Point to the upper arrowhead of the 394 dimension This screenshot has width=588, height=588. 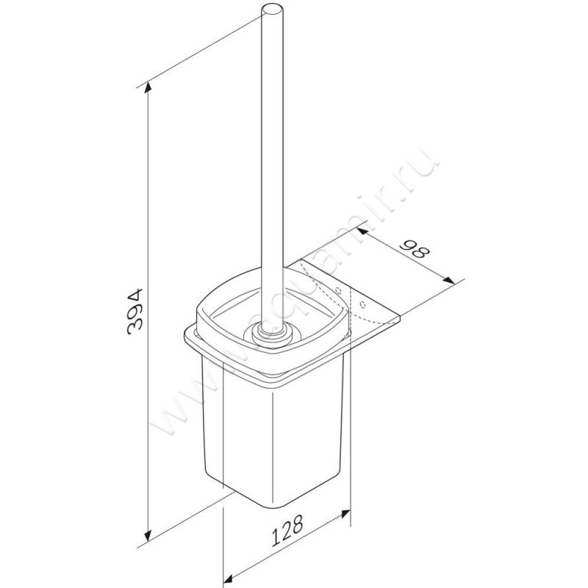[x=150, y=88]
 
